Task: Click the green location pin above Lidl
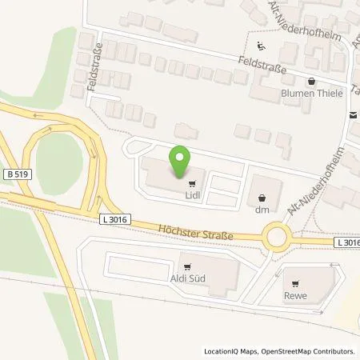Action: point(182,162)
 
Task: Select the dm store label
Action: point(260,210)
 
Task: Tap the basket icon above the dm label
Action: point(260,197)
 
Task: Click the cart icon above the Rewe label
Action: point(296,282)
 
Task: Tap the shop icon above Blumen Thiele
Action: point(312,81)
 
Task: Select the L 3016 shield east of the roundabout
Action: point(346,242)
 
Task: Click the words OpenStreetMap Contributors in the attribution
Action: point(309,351)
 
